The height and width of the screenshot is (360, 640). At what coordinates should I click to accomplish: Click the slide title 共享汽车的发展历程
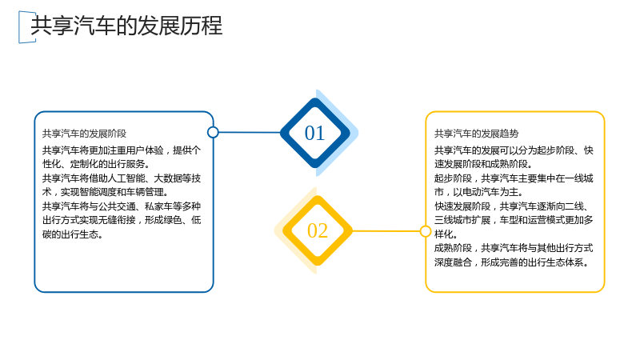[x=126, y=26]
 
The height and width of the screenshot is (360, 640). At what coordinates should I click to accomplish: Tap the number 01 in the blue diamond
[x=314, y=133]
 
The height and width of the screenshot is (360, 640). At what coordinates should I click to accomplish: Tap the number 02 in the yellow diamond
[x=318, y=231]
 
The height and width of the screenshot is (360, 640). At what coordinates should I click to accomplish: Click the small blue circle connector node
[x=213, y=132]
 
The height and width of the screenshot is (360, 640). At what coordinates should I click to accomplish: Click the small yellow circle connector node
[x=426, y=231]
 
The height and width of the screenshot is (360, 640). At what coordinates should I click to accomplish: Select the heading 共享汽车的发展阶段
[x=85, y=134]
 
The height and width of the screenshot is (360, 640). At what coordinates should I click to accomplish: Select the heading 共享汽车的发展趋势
[x=476, y=134]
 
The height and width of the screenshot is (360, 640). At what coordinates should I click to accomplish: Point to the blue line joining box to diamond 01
[x=250, y=132]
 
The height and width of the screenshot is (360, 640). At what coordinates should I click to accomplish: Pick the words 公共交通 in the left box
[x=117, y=206]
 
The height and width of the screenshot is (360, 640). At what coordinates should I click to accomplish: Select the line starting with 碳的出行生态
[x=73, y=234]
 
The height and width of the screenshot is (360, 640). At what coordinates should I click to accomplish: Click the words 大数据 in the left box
[x=168, y=178]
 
